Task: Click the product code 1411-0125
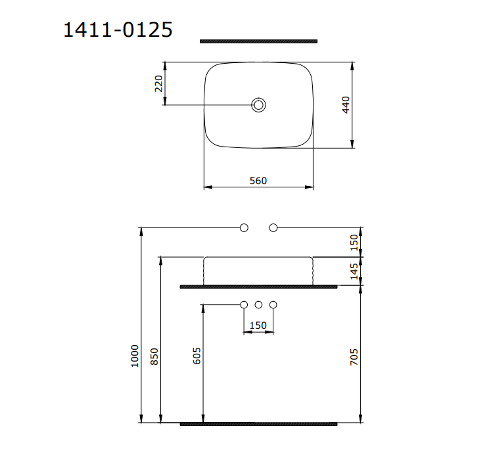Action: (x=118, y=30)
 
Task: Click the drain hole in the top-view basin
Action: (x=259, y=105)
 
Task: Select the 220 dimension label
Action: (x=158, y=83)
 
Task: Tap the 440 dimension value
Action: (x=346, y=105)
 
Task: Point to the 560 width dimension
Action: (x=258, y=181)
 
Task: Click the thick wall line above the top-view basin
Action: (x=258, y=41)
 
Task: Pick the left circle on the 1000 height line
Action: (x=244, y=227)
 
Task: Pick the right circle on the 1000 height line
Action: (x=273, y=227)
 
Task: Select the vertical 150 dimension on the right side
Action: (x=354, y=242)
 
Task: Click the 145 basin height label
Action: (x=354, y=272)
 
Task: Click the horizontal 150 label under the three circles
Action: (x=258, y=325)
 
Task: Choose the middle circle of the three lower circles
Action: (x=258, y=304)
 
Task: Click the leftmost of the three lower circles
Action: (x=244, y=304)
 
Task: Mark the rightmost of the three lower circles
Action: (x=273, y=304)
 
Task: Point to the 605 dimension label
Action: (x=197, y=356)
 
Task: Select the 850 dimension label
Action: (x=154, y=356)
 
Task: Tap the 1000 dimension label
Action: (x=135, y=356)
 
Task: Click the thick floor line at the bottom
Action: (x=258, y=424)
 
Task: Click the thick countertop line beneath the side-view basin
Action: (x=258, y=287)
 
